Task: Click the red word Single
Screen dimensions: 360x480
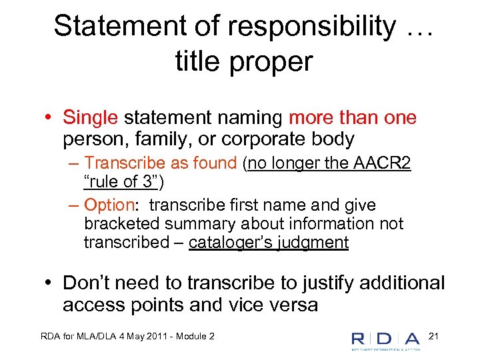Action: click(90, 118)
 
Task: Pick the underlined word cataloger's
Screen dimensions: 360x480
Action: click(229, 243)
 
